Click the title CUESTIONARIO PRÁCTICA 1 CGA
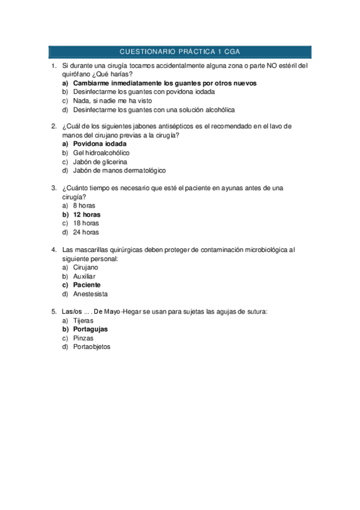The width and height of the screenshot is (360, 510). pyautogui.click(x=180, y=52)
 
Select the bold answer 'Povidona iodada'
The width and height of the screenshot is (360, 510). pyautogui.click(x=100, y=144)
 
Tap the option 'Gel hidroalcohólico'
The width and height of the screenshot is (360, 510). pyautogui.click(x=101, y=153)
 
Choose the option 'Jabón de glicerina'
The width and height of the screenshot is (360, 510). pyautogui.click(x=100, y=162)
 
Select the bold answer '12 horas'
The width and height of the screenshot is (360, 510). pyautogui.click(x=87, y=214)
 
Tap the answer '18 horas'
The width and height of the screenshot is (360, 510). pyautogui.click(x=86, y=223)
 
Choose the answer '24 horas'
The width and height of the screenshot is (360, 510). pyautogui.click(x=86, y=232)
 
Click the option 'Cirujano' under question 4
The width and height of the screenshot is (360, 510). pyautogui.click(x=86, y=267)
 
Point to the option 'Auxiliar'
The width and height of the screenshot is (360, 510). pyautogui.click(x=84, y=276)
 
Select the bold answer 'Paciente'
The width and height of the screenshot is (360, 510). pyautogui.click(x=87, y=284)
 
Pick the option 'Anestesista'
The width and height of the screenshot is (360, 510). pyautogui.click(x=91, y=293)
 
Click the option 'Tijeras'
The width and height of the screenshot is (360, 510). pyautogui.click(x=84, y=321)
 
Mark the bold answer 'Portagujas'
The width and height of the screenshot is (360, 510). pyautogui.click(x=91, y=329)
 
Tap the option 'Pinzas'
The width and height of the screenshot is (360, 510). pyautogui.click(x=84, y=338)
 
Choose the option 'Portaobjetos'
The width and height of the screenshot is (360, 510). pyautogui.click(x=92, y=346)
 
